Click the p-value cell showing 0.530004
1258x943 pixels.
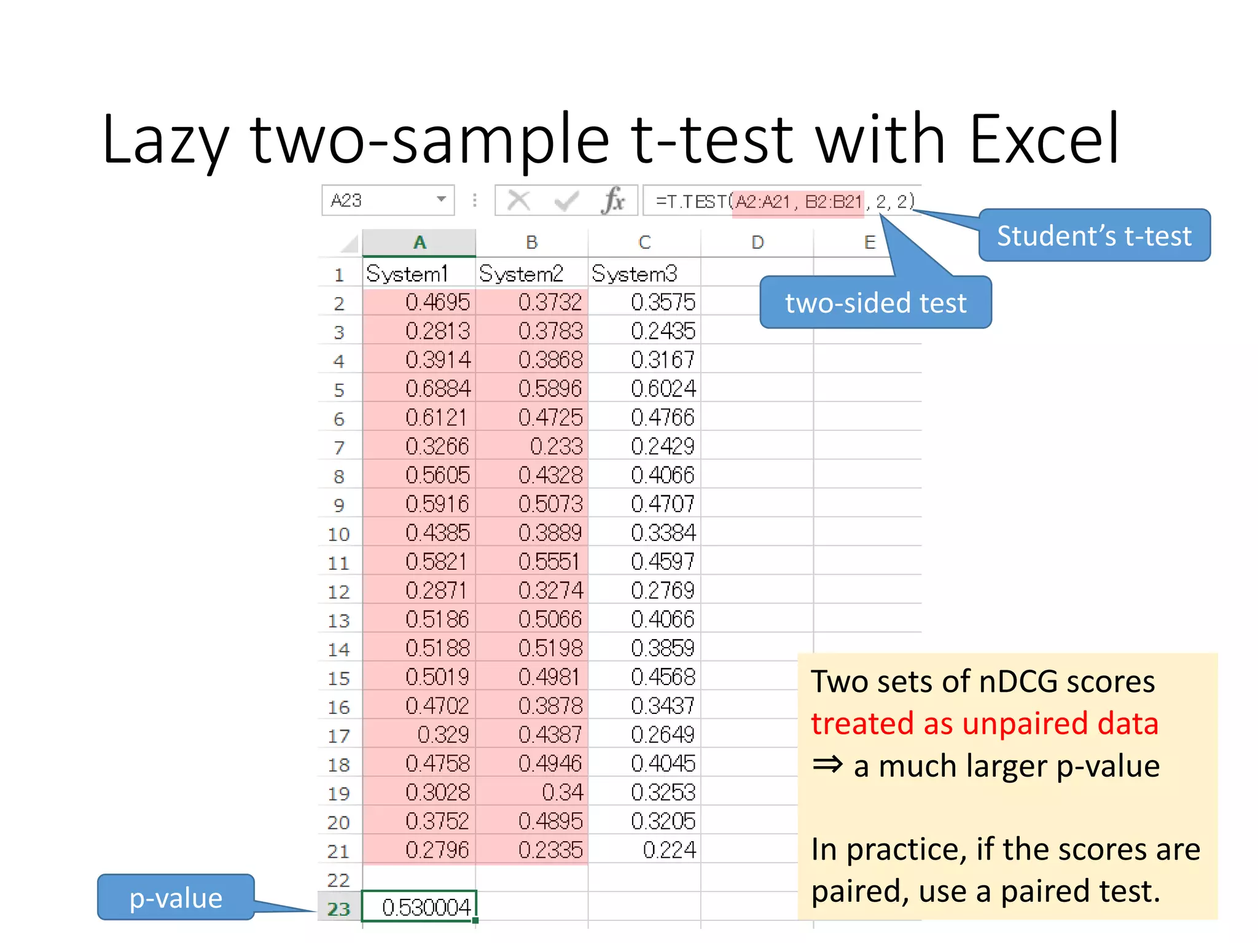419,907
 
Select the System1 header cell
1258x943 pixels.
419,274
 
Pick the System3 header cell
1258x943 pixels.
644,274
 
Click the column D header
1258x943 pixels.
757,243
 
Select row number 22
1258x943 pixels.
338,880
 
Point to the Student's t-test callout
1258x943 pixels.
1094,236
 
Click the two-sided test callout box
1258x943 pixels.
875,303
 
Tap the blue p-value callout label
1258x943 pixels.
176,898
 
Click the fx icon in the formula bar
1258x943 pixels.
613,200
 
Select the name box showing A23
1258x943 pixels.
387,201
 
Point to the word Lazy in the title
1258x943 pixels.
165,140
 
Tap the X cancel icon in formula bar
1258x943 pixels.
519,200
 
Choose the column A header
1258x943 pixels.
419,243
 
